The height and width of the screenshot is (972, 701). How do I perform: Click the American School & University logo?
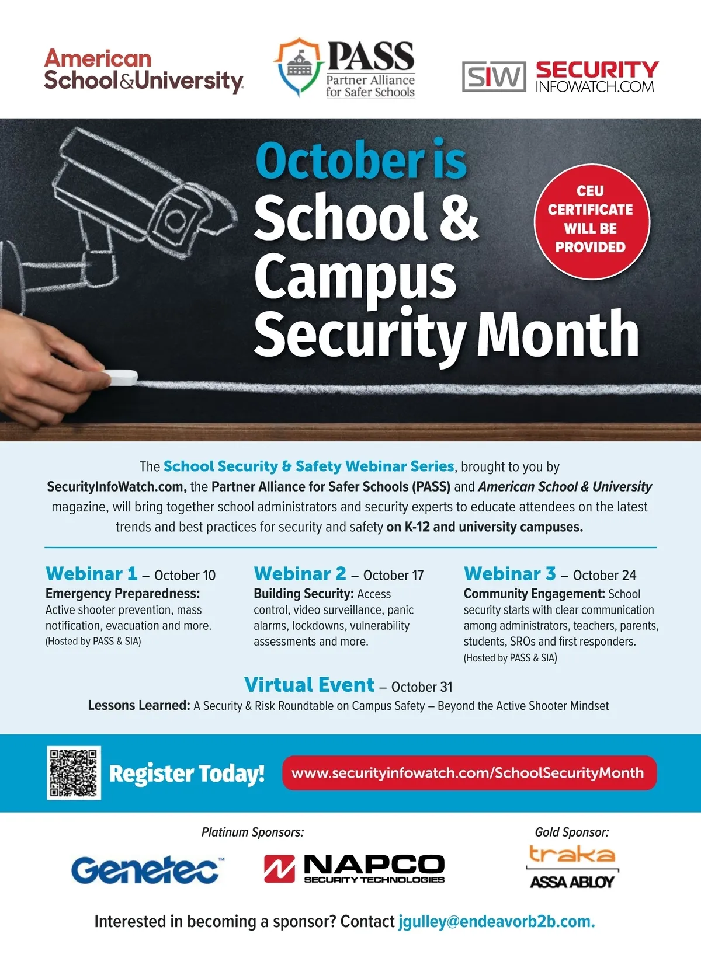point(143,71)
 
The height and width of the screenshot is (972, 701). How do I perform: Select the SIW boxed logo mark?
point(494,76)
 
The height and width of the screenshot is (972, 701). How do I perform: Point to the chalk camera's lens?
point(174,219)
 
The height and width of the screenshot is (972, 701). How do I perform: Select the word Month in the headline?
point(558,334)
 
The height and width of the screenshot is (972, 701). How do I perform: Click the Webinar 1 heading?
point(92,574)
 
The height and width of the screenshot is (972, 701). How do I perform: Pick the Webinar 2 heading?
point(300,574)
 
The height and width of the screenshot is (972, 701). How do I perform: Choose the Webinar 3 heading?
point(510,574)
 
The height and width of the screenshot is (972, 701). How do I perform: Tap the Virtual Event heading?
point(310,685)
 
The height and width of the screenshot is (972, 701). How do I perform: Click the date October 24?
point(605,576)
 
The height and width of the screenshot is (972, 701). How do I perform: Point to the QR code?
point(74,773)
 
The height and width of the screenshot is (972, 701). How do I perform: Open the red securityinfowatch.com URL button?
point(469,773)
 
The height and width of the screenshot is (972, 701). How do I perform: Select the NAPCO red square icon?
point(279,868)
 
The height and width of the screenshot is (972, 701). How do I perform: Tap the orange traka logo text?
point(572,855)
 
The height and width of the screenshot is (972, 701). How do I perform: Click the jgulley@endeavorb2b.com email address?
point(497,922)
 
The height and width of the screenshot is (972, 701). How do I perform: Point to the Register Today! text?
point(187,774)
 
